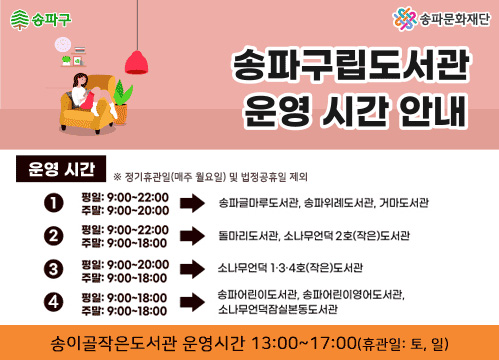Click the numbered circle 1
coord(54,204)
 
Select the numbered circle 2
coord(54,236)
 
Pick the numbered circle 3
coord(54,268)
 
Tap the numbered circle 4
coord(54,301)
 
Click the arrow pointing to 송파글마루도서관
coord(192,204)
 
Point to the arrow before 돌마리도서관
coord(192,236)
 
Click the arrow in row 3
coord(192,268)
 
